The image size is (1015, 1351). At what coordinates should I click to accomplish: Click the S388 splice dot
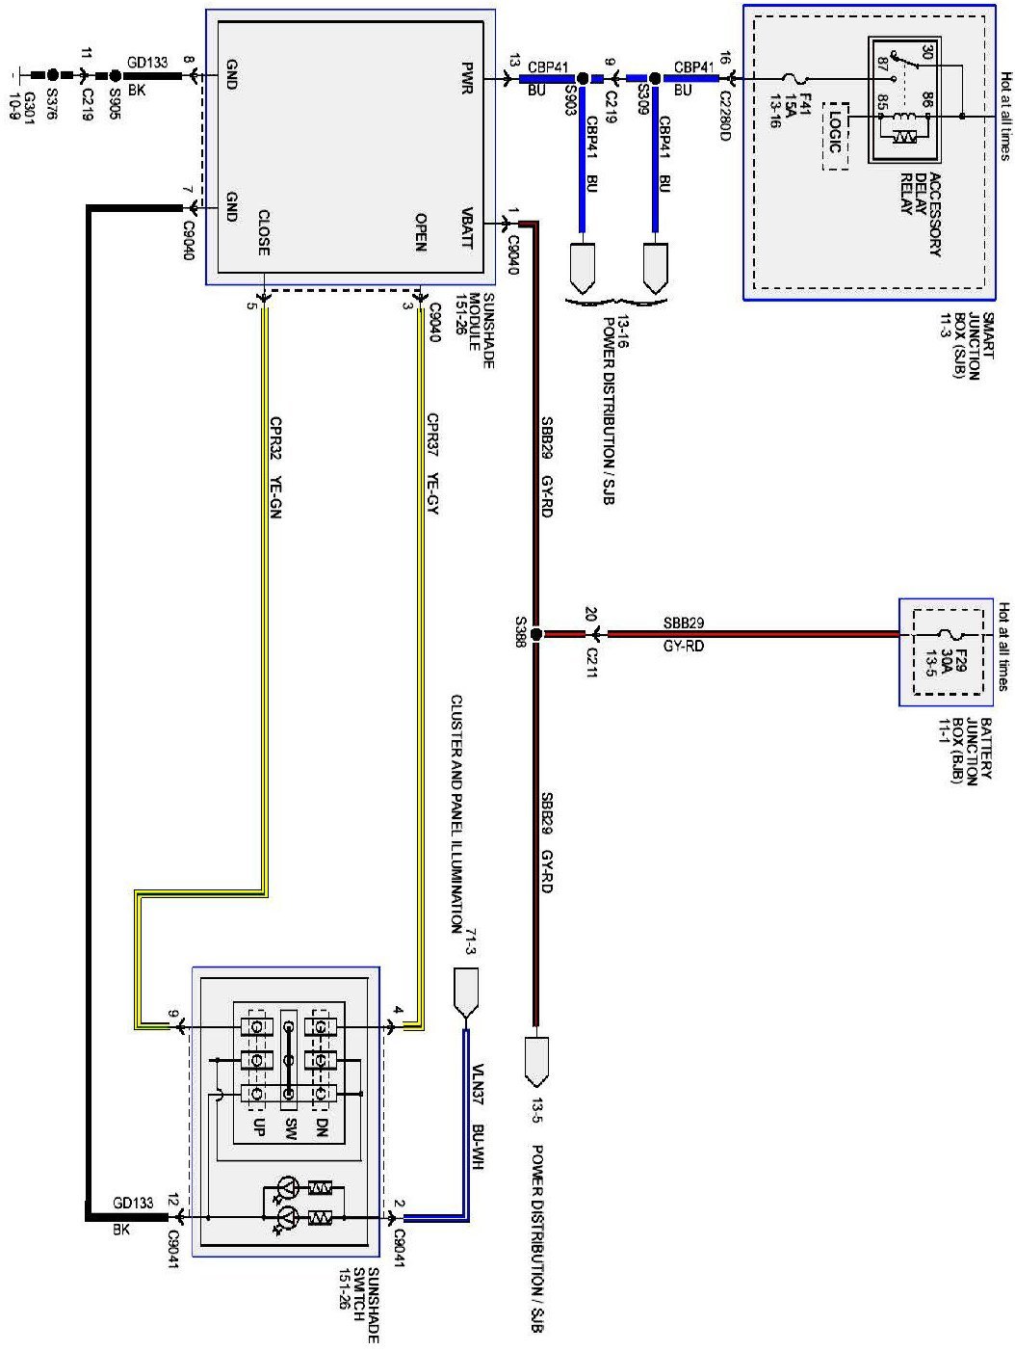pyautogui.click(x=536, y=634)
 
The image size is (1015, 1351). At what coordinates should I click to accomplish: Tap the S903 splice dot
pyautogui.click(x=582, y=78)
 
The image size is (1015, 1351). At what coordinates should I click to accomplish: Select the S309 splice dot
pyautogui.click(x=655, y=78)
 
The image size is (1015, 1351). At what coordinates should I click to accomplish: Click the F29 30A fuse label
pyautogui.click(x=933, y=664)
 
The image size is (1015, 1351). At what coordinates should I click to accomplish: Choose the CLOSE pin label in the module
pyautogui.click(x=263, y=232)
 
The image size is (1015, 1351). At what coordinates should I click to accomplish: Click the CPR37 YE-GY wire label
pyautogui.click(x=432, y=464)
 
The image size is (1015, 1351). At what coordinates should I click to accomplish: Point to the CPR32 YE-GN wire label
pyautogui.click(x=275, y=466)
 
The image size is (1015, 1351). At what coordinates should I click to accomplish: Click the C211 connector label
pyautogui.click(x=592, y=662)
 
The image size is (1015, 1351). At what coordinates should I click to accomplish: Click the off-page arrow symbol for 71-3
pyautogui.click(x=467, y=993)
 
